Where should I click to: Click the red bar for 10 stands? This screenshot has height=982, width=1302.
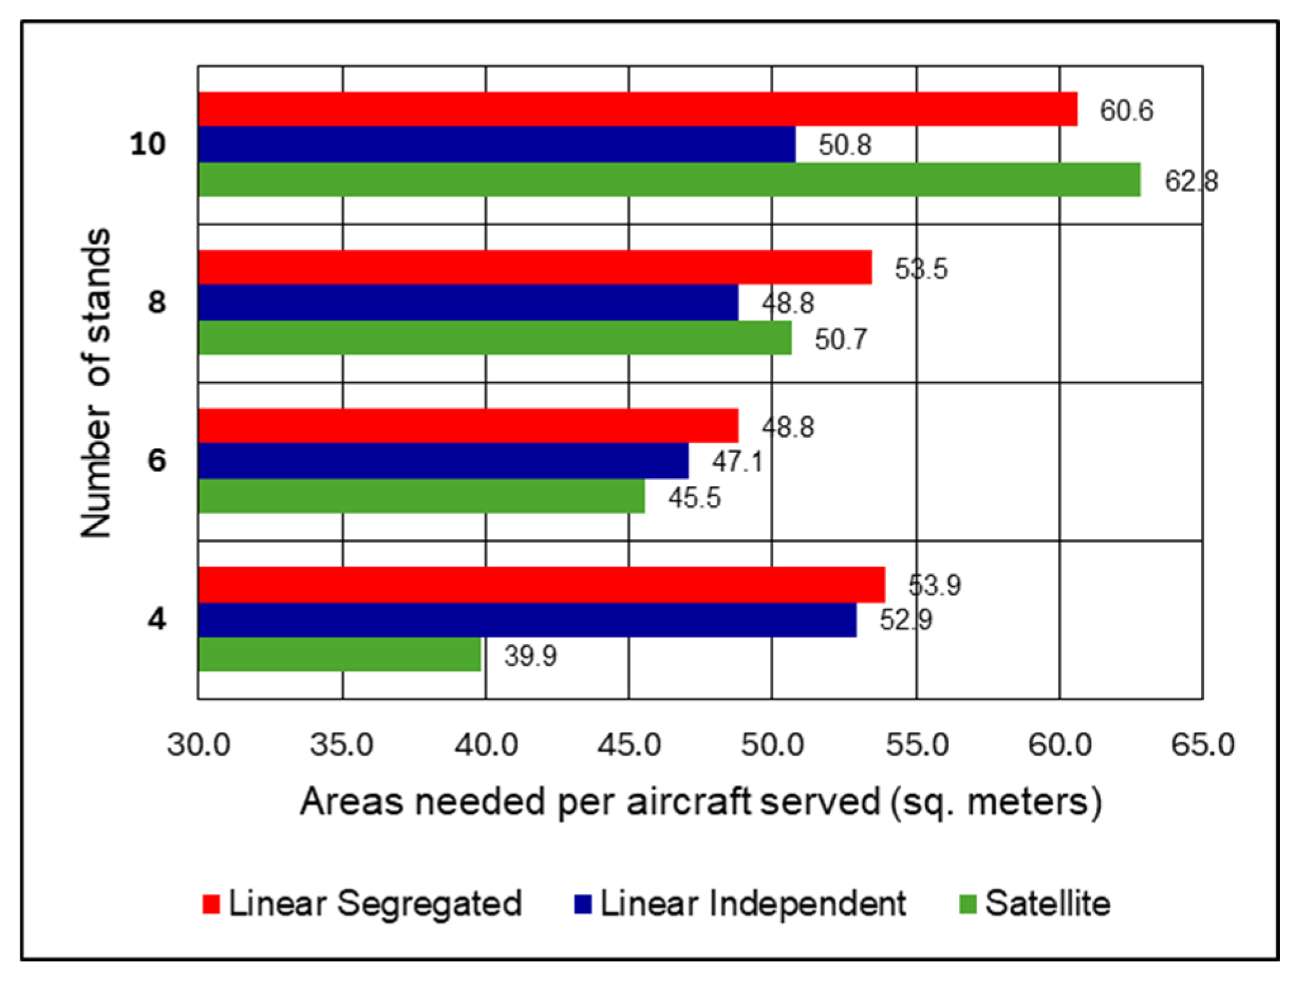coord(637,109)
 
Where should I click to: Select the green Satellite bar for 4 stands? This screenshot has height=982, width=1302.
coord(340,654)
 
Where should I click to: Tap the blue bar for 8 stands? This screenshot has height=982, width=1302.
coord(468,302)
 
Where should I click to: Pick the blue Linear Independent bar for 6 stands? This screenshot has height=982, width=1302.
coord(443,461)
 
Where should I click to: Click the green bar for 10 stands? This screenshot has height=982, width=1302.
coord(668,179)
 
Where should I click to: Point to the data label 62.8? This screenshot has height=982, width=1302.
coord(1190,181)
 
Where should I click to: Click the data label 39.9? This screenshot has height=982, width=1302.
coord(530,656)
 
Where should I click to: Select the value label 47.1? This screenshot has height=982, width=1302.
coord(737,461)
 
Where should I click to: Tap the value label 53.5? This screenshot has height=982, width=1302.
coord(921,269)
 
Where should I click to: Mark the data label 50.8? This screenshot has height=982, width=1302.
coord(845,145)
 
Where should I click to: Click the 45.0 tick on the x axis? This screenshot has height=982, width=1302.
coord(629,744)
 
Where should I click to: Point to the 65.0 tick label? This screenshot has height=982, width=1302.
coord(1202,744)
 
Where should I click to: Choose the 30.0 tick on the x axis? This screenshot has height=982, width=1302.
coord(198,744)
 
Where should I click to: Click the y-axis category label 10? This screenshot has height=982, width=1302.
coord(148,144)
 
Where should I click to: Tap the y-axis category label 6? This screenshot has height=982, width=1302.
coord(156,460)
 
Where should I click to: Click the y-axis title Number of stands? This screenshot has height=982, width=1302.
coord(96,383)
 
